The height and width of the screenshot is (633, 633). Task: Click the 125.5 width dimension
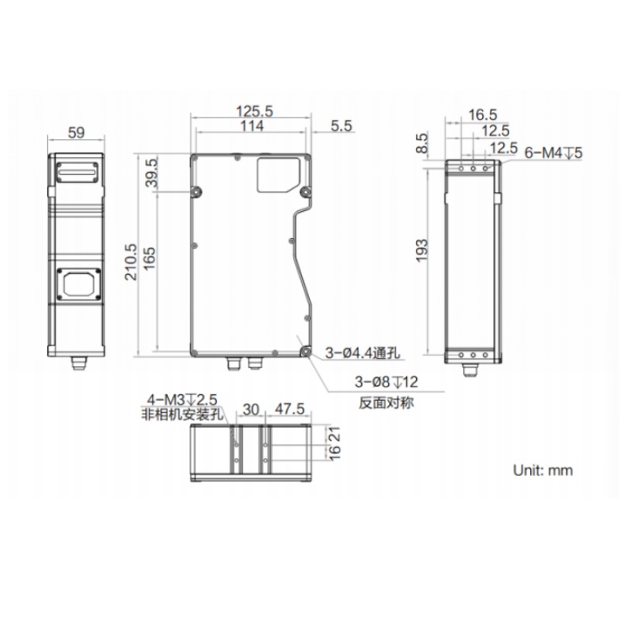click(x=254, y=111)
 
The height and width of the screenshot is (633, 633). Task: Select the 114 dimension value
click(x=252, y=126)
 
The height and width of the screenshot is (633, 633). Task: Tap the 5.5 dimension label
click(x=342, y=126)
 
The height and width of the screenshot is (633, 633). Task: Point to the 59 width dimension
click(x=76, y=133)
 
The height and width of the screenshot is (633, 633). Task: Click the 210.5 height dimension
click(x=131, y=262)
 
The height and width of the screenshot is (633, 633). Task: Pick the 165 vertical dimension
click(x=149, y=259)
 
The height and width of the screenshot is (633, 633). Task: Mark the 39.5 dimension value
click(x=152, y=172)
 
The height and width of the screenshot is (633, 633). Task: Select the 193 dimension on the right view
click(x=421, y=251)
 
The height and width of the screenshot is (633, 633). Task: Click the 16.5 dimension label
click(x=483, y=115)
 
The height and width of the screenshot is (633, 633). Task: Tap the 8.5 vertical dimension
click(x=421, y=143)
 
